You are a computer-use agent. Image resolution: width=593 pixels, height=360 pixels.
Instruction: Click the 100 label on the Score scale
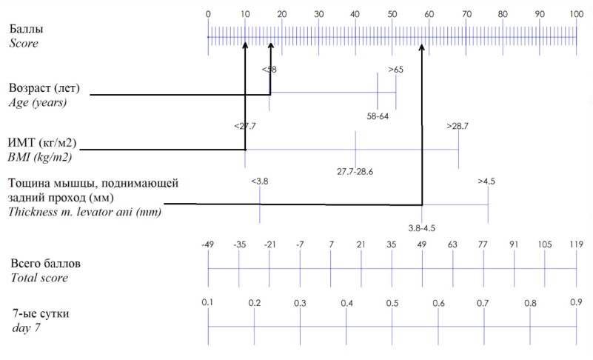(577, 14)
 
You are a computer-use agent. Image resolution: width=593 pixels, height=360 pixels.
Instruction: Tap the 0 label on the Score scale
(208, 14)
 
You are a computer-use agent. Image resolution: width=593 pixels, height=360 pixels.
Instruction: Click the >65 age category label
(396, 70)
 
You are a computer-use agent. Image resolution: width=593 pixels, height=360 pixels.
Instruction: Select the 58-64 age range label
(378, 116)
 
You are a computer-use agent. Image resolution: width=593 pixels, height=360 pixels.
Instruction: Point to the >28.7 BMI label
(458, 126)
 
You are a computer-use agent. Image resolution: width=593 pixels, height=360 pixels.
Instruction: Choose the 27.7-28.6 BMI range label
(355, 172)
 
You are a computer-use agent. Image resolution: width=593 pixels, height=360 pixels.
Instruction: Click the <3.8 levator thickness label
(260, 181)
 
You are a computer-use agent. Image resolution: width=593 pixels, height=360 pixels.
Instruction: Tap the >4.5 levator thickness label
(486, 181)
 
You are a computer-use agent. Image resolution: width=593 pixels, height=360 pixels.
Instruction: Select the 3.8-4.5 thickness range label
(422, 228)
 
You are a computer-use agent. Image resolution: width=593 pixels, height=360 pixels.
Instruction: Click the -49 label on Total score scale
(207, 244)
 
